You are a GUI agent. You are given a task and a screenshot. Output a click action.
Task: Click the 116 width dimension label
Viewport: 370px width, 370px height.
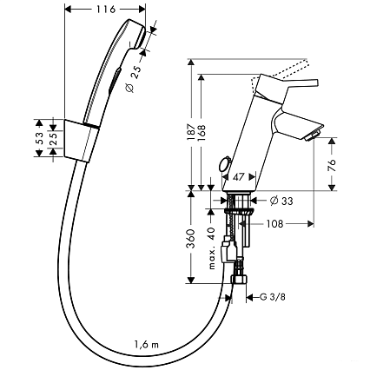click(x=106, y=9)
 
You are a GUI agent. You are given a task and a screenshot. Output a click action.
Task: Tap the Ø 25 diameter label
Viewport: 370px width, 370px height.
click(x=134, y=78)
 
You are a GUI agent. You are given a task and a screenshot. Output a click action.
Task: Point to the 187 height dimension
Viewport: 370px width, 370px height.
click(x=191, y=132)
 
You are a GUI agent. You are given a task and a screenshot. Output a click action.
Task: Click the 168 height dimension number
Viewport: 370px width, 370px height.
click(x=202, y=133)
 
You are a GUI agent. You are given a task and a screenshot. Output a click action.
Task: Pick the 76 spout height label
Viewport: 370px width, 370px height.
click(x=333, y=165)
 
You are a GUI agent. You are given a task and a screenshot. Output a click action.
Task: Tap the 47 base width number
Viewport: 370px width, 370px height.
click(x=239, y=177)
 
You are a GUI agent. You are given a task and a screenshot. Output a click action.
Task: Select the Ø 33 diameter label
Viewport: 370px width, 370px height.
click(x=281, y=201)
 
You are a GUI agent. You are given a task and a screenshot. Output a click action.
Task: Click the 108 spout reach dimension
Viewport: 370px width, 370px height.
click(x=274, y=223)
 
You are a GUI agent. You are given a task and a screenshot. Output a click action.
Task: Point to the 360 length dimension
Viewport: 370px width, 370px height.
click(x=191, y=239)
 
